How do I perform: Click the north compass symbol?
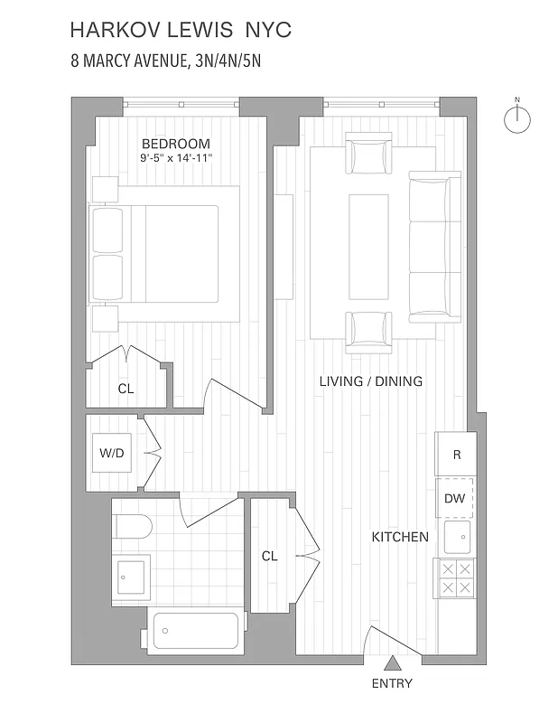pos(517,119)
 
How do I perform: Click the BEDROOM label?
pos(175,144)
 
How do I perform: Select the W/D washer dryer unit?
pos(113,454)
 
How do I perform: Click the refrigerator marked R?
pos(457,455)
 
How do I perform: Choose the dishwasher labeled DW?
pos(455,499)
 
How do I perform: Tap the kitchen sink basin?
pos(457,538)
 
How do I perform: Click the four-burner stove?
pos(455,578)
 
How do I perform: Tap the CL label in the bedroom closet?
pos(126,389)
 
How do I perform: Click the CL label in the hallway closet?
pos(269,557)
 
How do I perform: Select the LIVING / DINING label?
pos(370,381)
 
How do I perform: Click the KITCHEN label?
pos(400,537)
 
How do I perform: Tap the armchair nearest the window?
pos(370,156)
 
